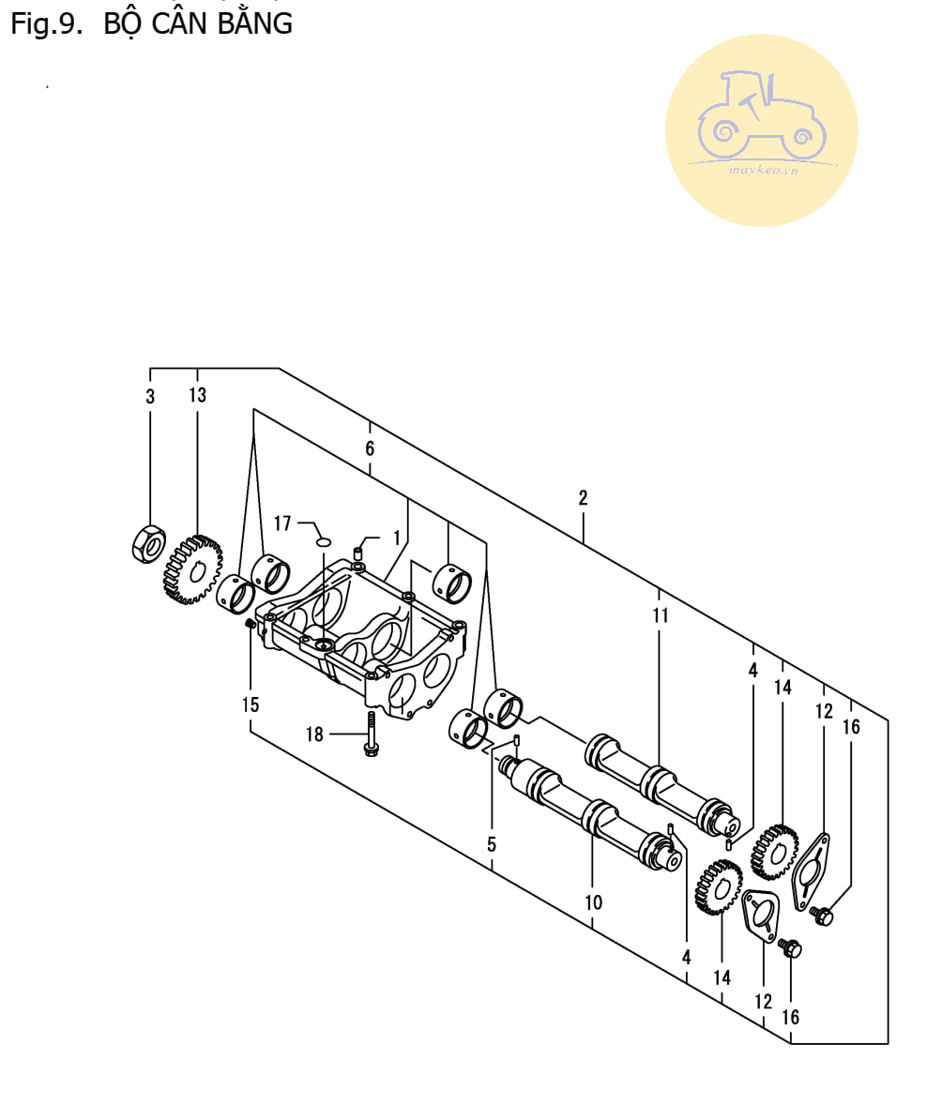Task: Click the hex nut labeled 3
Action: click(149, 544)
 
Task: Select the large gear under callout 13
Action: click(192, 569)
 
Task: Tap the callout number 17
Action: click(282, 523)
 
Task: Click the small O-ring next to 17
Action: click(323, 541)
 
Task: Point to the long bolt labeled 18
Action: click(372, 734)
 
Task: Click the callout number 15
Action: click(251, 705)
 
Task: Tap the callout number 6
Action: click(370, 448)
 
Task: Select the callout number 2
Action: click(583, 498)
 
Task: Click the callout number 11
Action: click(660, 615)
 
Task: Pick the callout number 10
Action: click(593, 902)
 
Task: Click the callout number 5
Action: click(492, 844)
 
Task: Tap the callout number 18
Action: click(314, 735)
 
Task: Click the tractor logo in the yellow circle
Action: click(761, 116)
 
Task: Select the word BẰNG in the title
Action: click(254, 23)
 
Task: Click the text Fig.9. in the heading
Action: click(47, 24)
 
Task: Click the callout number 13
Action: click(198, 395)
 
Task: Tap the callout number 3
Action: click(150, 397)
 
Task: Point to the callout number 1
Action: click(397, 538)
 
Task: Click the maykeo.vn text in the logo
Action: click(764, 170)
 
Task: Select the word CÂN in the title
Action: click(178, 23)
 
